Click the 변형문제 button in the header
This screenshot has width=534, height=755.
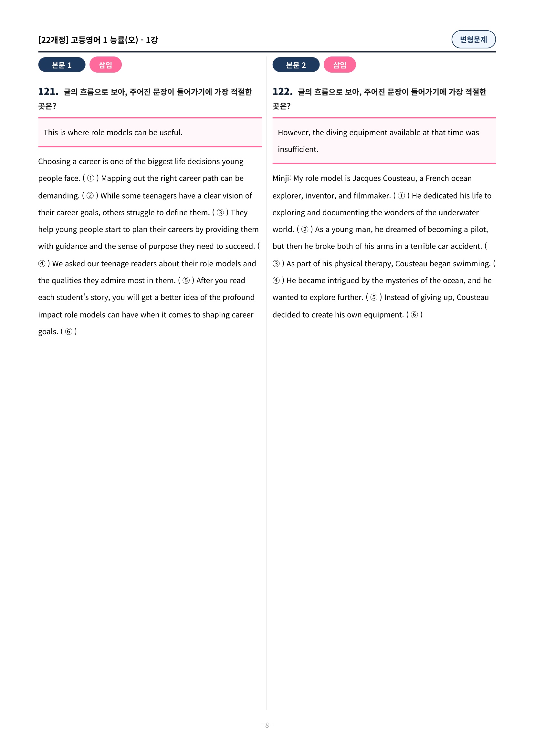(473, 39)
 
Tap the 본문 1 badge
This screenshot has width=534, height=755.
(61, 65)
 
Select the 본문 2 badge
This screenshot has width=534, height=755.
(296, 65)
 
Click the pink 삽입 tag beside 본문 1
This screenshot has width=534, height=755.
(105, 65)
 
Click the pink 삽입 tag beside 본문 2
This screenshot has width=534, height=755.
(340, 65)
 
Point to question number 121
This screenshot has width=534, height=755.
(48, 91)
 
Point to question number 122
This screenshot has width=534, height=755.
(282, 91)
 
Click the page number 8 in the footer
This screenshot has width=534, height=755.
(267, 725)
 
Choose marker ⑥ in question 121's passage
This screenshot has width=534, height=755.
(68, 332)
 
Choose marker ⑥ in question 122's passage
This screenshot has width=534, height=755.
(414, 315)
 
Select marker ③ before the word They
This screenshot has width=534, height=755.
(220, 212)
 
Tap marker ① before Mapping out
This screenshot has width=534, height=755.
(90, 178)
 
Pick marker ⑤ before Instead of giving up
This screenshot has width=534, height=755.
(374, 297)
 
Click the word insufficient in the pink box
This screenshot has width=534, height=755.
(298, 149)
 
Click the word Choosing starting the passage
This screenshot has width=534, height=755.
(54, 161)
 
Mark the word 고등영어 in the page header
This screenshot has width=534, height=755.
(86, 40)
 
